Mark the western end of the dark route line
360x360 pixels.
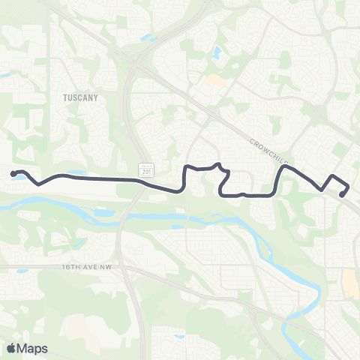(13, 174)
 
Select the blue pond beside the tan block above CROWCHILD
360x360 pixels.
(216, 53)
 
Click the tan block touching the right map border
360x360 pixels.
(349, 283)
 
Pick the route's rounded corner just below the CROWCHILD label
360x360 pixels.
(284, 167)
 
